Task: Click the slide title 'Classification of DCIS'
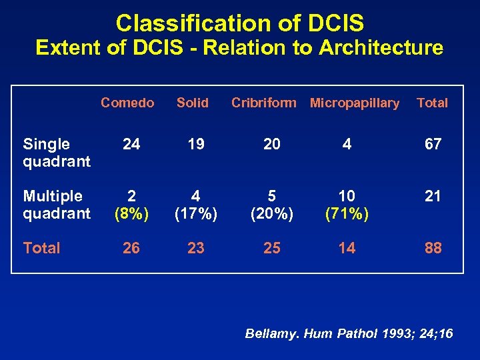(239, 23)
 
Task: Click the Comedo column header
(127, 103)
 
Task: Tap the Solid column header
(193, 103)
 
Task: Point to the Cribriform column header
(263, 103)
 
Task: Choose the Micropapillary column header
(355, 103)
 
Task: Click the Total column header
(432, 103)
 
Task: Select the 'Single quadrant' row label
(56, 153)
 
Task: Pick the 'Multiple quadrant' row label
(56, 205)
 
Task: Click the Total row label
(41, 248)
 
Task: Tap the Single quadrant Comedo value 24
(131, 145)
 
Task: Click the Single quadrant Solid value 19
(195, 145)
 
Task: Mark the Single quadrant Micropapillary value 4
(347, 145)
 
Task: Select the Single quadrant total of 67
(433, 145)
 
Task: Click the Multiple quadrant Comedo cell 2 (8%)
(131, 205)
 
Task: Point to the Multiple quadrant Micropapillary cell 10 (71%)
(347, 205)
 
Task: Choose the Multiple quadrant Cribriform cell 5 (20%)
(271, 205)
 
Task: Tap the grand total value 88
(433, 248)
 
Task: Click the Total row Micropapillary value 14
(347, 248)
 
